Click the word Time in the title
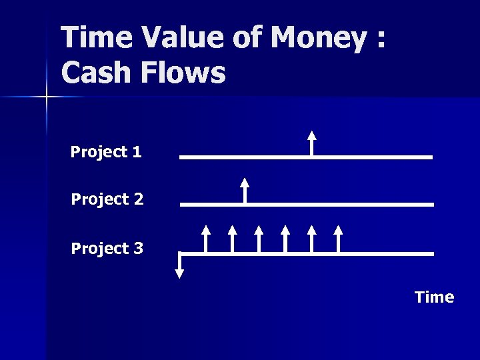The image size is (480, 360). click(94, 39)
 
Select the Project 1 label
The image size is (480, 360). click(106, 152)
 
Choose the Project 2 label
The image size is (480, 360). click(107, 199)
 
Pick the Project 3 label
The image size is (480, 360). click(107, 248)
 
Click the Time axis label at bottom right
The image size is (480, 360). click(434, 297)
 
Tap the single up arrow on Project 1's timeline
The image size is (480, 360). click(311, 143)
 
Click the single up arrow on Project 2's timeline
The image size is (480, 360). click(245, 189)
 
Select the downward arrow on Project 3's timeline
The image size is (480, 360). click(179, 266)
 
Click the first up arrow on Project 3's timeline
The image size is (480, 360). click(206, 239)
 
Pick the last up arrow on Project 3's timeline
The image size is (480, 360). click(338, 239)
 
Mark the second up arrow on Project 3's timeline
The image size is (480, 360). click(232, 239)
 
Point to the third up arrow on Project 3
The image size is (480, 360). click(259, 239)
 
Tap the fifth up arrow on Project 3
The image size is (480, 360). click(311, 239)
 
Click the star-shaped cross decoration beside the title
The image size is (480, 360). click(46, 97)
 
